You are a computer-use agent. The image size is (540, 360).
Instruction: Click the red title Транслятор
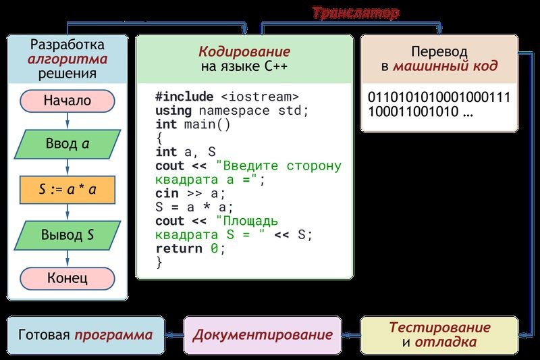356,13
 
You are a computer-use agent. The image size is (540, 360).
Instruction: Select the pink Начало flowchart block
67,101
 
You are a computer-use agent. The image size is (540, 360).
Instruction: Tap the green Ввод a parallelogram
67,143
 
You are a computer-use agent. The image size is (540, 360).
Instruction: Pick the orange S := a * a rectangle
67,189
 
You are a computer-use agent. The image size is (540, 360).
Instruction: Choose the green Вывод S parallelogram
67,235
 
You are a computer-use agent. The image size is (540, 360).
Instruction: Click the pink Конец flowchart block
67,278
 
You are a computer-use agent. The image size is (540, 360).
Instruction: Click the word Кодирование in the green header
244,51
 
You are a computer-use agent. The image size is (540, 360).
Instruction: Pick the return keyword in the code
178,248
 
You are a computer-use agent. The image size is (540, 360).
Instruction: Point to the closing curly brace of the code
159,262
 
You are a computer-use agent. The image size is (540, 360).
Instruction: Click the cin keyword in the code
166,193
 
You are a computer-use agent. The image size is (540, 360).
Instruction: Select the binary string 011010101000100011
439,97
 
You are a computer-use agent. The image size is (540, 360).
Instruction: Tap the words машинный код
446,66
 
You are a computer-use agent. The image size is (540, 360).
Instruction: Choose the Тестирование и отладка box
439,334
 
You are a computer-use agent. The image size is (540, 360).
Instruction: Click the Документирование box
263,335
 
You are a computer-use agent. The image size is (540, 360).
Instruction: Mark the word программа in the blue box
113,335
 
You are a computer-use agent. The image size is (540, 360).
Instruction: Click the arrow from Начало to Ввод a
67,121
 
